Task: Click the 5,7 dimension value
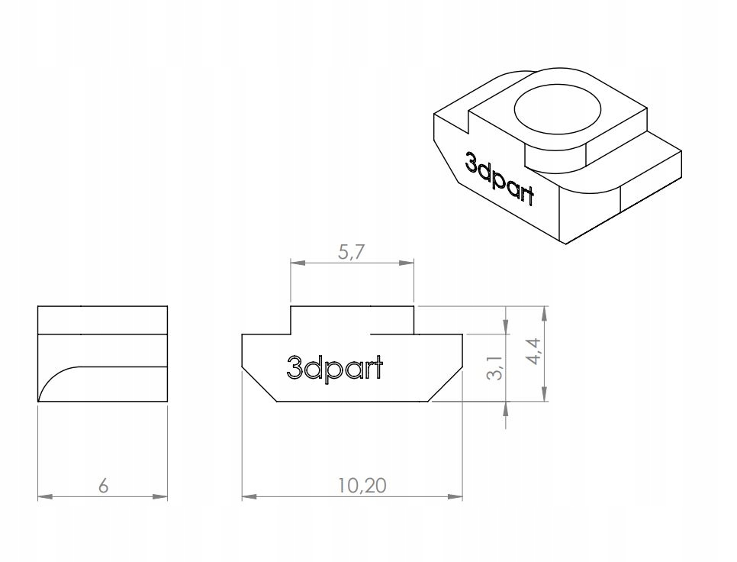point(352,254)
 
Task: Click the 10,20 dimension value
point(352,486)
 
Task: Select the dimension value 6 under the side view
point(103,486)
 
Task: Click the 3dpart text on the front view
point(335,368)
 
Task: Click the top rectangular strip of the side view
point(102,320)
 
